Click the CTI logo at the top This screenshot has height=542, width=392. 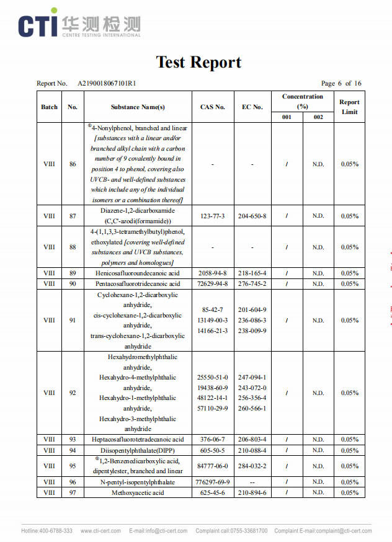click(79, 24)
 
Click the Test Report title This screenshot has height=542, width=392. click(198, 62)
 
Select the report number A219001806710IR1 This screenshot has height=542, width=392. click(107, 83)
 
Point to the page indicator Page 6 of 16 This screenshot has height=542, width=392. click(341, 83)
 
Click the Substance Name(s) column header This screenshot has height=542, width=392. click(138, 107)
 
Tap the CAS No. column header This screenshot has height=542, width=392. click(213, 107)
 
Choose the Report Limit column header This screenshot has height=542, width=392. click(349, 107)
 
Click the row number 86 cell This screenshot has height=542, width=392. click(73, 164)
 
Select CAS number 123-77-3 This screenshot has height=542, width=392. click(213, 216)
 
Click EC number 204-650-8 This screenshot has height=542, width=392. click(252, 216)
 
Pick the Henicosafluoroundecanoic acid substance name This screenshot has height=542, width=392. click(138, 273)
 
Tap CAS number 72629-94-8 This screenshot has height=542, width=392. click(213, 283)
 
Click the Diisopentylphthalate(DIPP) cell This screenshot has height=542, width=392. click(138, 450)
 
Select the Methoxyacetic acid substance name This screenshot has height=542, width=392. click(138, 492)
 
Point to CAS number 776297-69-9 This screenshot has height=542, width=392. click(213, 482)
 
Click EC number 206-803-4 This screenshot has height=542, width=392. click(252, 440)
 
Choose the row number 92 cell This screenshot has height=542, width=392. click(73, 393)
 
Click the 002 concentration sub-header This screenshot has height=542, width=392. click(318, 117)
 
